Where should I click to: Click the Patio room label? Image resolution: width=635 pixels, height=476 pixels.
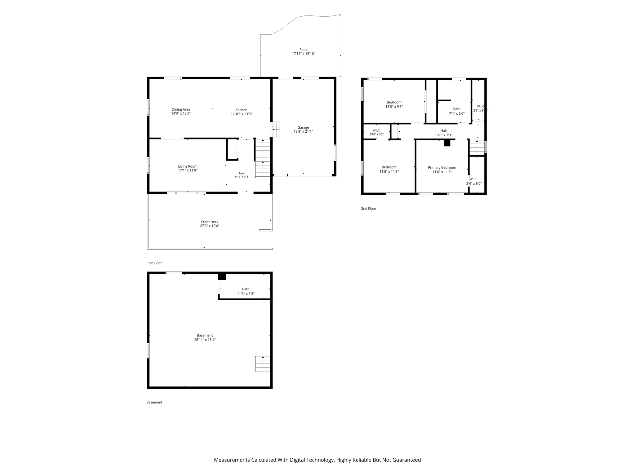304,50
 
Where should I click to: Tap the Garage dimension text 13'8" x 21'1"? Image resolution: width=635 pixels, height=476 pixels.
303,131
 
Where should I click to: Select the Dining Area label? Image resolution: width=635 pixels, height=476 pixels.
181,109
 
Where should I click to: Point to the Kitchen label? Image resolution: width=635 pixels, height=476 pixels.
241,110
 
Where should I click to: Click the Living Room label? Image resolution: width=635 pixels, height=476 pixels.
188,166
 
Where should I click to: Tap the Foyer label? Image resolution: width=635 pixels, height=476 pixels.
242,174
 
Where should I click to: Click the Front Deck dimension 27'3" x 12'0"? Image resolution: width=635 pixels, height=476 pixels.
210,226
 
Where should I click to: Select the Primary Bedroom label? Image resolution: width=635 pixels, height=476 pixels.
442,167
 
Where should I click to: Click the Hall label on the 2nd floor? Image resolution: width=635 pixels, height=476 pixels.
443,131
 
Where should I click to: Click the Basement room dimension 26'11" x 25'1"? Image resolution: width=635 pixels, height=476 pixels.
205,340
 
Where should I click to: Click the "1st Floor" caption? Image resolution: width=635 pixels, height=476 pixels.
155,263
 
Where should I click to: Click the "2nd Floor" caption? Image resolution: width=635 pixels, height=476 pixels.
368,209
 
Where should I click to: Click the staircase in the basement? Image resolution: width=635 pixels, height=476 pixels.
262,364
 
